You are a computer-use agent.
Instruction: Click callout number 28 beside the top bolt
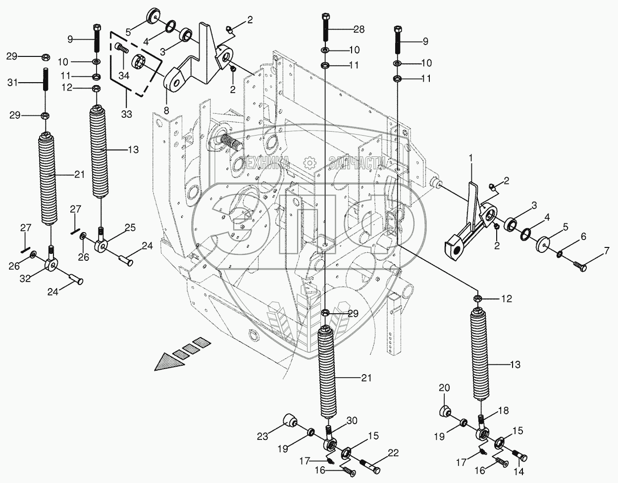(x=359, y=30)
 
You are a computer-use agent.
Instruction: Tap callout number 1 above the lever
(x=471, y=158)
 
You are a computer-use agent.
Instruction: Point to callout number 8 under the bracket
(x=166, y=110)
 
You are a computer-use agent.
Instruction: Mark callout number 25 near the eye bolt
(x=130, y=228)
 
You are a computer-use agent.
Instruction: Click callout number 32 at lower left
(x=25, y=279)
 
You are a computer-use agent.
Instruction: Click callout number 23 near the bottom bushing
(x=262, y=436)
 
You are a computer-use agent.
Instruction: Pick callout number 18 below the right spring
(x=502, y=410)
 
